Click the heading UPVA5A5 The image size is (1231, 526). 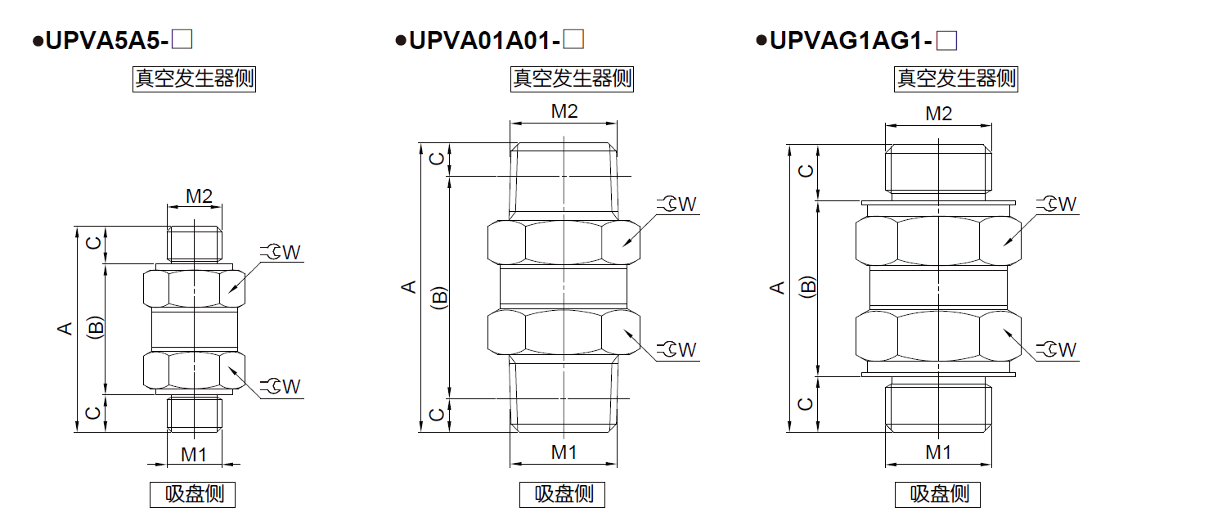[x=106, y=39]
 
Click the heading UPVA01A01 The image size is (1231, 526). [x=482, y=39]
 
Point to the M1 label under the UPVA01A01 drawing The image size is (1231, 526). [x=564, y=452]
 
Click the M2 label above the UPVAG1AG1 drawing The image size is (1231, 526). [x=939, y=114]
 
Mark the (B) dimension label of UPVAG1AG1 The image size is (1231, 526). [x=808, y=287]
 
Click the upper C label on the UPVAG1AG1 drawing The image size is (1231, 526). [x=806, y=170]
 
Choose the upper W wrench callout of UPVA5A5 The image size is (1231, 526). [x=283, y=253]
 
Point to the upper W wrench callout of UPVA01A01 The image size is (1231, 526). [x=679, y=204]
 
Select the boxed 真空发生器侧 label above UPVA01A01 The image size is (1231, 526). [x=572, y=79]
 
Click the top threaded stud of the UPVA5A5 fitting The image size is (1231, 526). [x=194, y=242]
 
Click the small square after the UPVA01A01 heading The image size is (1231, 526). [x=574, y=39]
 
